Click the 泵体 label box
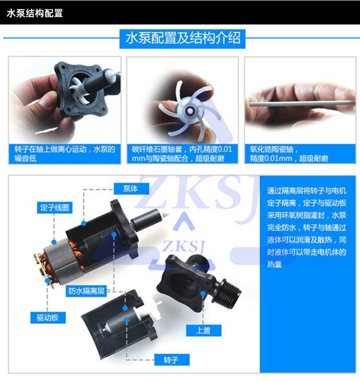click(x=131, y=189)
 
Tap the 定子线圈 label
click(x=54, y=207)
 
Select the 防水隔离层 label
click(x=86, y=291)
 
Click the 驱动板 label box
click(x=48, y=318)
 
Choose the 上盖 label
click(x=204, y=330)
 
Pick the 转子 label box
click(x=171, y=359)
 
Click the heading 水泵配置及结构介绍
click(x=182, y=39)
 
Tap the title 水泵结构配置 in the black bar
click(x=35, y=13)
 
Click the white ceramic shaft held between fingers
click(x=301, y=104)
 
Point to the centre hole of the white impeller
click(x=189, y=111)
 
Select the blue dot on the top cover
click(x=203, y=294)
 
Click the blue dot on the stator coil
click(x=54, y=242)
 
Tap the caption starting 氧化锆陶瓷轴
click(x=289, y=154)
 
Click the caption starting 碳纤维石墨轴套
click(x=182, y=154)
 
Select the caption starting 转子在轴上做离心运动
click(x=65, y=154)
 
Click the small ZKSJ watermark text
click(x=184, y=246)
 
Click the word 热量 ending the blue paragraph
click(x=275, y=264)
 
